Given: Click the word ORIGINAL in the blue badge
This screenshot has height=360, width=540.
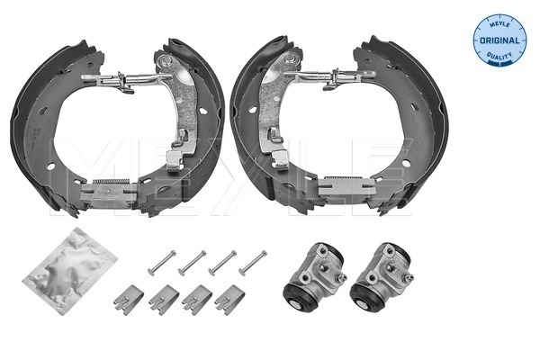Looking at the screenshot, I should (500, 40).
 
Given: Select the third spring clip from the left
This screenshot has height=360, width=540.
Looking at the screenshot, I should (196, 297).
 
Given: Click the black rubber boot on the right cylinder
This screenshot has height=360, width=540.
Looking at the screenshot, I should (364, 297).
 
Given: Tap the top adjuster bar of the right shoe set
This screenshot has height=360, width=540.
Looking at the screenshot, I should (333, 77).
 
